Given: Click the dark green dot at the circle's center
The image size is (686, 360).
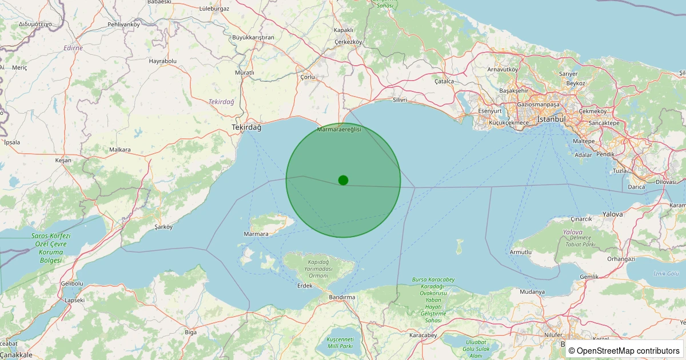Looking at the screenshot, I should (343, 180).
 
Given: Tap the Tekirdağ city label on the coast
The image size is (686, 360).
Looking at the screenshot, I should (246, 127).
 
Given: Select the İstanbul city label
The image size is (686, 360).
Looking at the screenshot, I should (551, 119).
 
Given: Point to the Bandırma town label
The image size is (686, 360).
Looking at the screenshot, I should (342, 297).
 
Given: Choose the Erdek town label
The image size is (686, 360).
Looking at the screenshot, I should (305, 286).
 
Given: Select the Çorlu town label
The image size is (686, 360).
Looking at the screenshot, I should (308, 76).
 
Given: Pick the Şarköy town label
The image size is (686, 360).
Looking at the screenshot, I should (163, 227).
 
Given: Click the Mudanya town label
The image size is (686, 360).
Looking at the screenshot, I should (532, 292).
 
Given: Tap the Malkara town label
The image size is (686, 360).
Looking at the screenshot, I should (120, 150).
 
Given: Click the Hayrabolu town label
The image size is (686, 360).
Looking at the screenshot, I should (163, 61).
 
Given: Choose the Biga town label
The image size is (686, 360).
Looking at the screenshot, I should (191, 331).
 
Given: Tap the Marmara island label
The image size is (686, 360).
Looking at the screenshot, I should (256, 234).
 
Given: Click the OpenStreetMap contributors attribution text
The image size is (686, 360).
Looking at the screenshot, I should (624, 350).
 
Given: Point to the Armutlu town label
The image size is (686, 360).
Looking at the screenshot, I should (521, 252).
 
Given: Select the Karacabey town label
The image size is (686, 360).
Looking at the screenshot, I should (424, 335).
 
